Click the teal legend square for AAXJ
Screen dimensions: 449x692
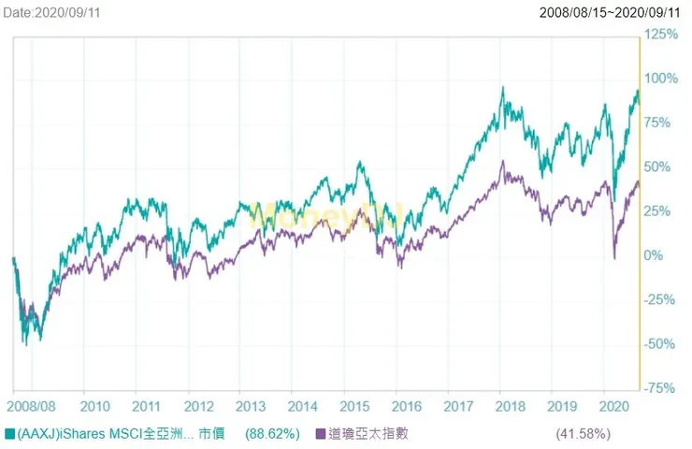click(x=10, y=433)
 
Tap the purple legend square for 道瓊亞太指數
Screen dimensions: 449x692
click(x=321, y=433)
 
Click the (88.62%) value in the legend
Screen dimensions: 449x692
click(x=272, y=433)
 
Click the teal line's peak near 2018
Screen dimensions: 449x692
click(x=503, y=88)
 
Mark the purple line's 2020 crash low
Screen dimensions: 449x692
click(x=614, y=257)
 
